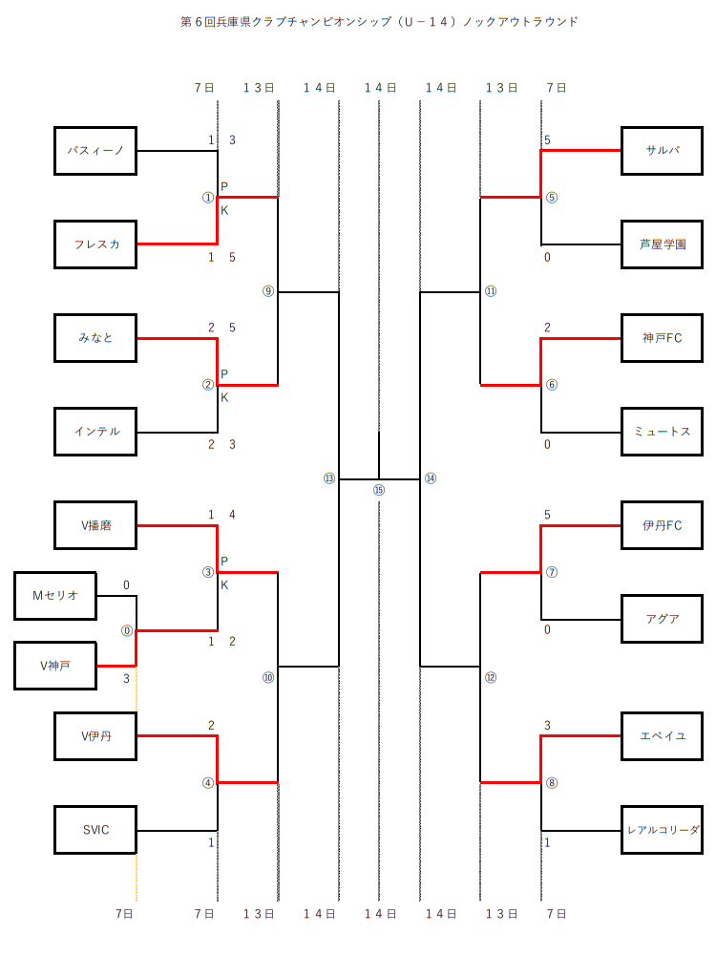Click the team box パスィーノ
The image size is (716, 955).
coord(95,151)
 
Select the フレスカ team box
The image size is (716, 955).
coord(95,244)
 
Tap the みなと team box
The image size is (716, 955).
coord(95,338)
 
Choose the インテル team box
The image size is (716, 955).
coord(95,432)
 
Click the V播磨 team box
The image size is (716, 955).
coord(95,525)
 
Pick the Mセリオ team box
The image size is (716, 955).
coord(55,596)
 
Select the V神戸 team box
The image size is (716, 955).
coord(55,666)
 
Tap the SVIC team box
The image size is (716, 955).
coord(95,830)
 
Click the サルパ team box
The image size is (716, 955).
coord(662,151)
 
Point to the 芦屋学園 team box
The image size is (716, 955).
coord(662,244)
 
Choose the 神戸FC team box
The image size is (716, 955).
coord(662,338)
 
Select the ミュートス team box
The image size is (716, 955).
coord(662,432)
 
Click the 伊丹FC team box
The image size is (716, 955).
coord(662,525)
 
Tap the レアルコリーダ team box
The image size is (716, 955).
coord(662,830)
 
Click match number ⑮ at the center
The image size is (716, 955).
coord(379,490)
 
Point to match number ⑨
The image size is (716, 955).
coord(268,291)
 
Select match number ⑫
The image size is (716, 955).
coord(490,677)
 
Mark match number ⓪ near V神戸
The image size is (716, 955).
coord(127,630)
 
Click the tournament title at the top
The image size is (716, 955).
coord(379,21)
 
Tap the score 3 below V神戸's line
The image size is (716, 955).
coord(127,679)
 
